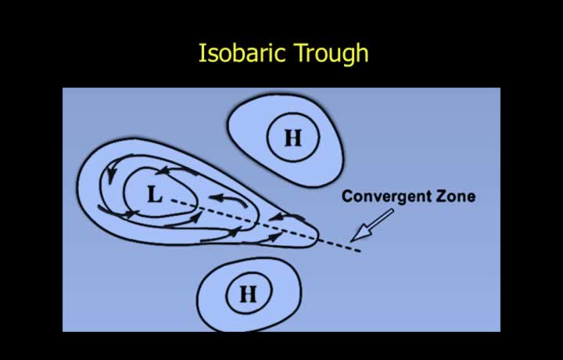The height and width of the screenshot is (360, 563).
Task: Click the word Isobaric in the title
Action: (x=242, y=52)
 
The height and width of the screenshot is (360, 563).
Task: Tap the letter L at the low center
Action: (x=155, y=195)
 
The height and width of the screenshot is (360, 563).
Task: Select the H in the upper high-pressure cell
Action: (x=292, y=138)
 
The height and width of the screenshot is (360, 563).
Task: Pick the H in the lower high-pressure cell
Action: (x=248, y=294)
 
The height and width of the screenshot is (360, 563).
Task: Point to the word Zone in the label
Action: (x=456, y=196)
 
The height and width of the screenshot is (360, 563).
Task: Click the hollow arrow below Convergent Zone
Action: (x=371, y=225)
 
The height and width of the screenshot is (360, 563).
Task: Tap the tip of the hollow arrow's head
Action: (x=350, y=241)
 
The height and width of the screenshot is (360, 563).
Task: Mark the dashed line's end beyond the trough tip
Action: (x=360, y=251)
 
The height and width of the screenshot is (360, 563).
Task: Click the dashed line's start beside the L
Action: (x=170, y=200)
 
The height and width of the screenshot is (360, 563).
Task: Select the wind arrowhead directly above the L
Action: (x=163, y=171)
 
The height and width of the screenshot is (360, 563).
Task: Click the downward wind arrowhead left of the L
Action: (x=111, y=175)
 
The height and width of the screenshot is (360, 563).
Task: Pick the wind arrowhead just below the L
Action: (x=131, y=214)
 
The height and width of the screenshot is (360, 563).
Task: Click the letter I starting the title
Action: (x=202, y=52)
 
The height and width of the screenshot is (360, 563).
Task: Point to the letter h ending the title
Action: (x=363, y=52)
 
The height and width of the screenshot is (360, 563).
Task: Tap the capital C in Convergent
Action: (x=347, y=196)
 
